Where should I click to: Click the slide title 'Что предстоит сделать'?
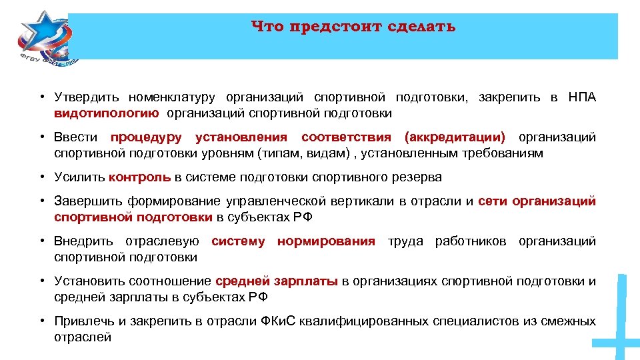tap(354, 27)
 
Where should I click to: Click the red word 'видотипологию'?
tap(107, 113)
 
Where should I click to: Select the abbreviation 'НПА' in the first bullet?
tap(582, 98)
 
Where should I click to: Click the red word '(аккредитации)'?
tap(455, 137)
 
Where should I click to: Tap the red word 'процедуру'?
tap(146, 137)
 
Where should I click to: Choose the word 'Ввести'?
tap(76, 137)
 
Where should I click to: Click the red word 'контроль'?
tap(140, 177)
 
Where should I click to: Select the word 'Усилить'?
tap(79, 177)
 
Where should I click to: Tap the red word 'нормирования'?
tap(326, 241)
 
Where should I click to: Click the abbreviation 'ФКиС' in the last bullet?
tap(279, 321)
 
